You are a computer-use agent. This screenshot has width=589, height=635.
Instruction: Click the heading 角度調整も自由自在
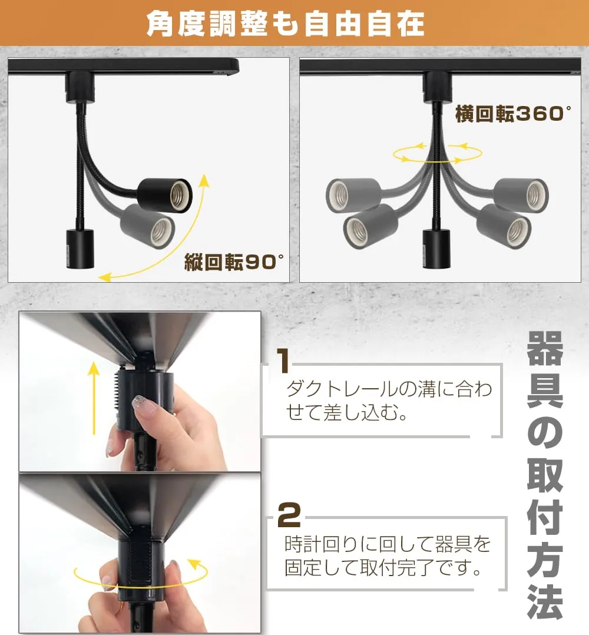[285, 24]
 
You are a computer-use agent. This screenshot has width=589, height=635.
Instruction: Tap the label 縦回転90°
[234, 263]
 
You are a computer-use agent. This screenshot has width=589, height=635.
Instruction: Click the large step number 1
[283, 361]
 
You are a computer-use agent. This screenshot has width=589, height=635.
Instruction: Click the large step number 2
[289, 514]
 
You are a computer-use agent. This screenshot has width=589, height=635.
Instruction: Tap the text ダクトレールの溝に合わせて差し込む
[389, 401]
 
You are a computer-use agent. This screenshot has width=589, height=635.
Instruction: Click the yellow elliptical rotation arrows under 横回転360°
[438, 153]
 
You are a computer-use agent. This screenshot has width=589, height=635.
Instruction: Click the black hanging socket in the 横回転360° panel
[436, 248]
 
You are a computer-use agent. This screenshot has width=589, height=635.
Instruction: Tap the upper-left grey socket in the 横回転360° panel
[353, 195]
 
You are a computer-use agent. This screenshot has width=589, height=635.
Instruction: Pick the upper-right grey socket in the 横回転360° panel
[521, 195]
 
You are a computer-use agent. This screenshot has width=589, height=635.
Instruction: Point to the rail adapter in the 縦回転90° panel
[80, 87]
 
